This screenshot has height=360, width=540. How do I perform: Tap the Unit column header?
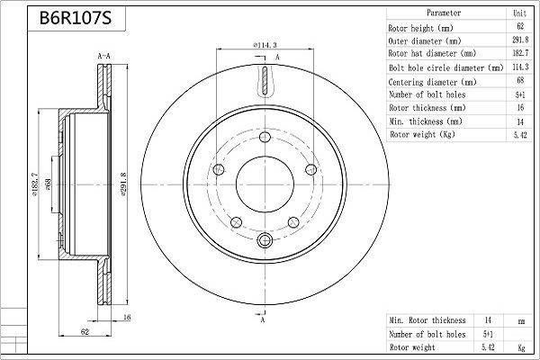[519, 13]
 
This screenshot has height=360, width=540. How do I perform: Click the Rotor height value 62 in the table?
[519, 28]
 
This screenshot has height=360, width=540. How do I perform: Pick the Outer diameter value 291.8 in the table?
[519, 41]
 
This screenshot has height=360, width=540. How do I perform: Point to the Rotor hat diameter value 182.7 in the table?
[519, 54]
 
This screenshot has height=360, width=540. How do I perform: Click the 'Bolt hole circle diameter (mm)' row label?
[444, 67]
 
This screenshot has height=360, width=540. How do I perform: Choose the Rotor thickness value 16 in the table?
[519, 107]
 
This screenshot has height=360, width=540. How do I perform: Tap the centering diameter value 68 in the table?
[519, 81]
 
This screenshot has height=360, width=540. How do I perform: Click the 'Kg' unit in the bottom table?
[519, 346]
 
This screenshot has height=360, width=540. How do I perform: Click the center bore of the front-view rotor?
[265, 184]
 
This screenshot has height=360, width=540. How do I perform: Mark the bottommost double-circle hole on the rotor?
[265, 241]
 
